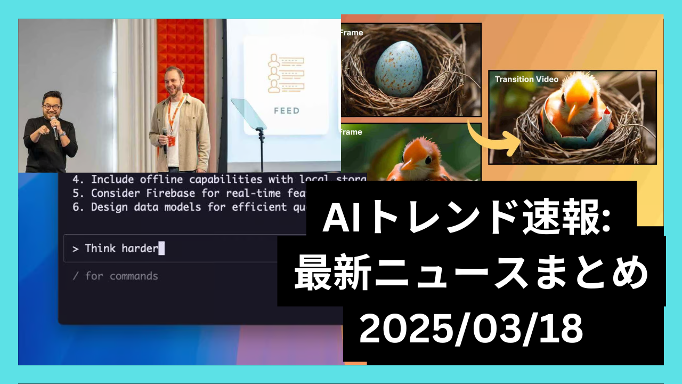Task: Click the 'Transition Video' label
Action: pos(526,79)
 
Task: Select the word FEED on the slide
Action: pos(286,111)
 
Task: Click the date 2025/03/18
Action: pos(470,329)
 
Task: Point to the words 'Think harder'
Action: pos(121,248)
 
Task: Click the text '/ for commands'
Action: pos(115,276)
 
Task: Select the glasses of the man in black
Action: pos(51,107)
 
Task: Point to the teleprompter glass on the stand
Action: pos(249,115)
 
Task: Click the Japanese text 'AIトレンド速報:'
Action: pos(469,219)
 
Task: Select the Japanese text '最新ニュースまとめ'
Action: pos(471,273)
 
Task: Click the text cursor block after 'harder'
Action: pos(161,248)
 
